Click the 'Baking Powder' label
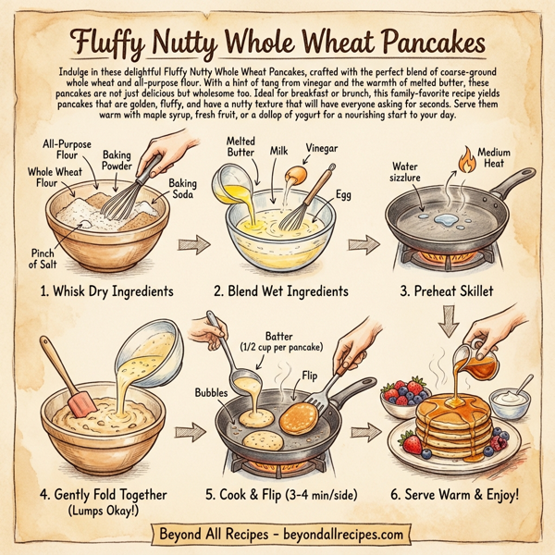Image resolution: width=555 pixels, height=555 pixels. (117, 161)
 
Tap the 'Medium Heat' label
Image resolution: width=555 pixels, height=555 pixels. (492, 159)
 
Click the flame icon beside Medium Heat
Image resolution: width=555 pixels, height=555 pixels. (460, 161)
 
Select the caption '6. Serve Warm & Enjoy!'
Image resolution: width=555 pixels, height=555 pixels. (454, 495)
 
